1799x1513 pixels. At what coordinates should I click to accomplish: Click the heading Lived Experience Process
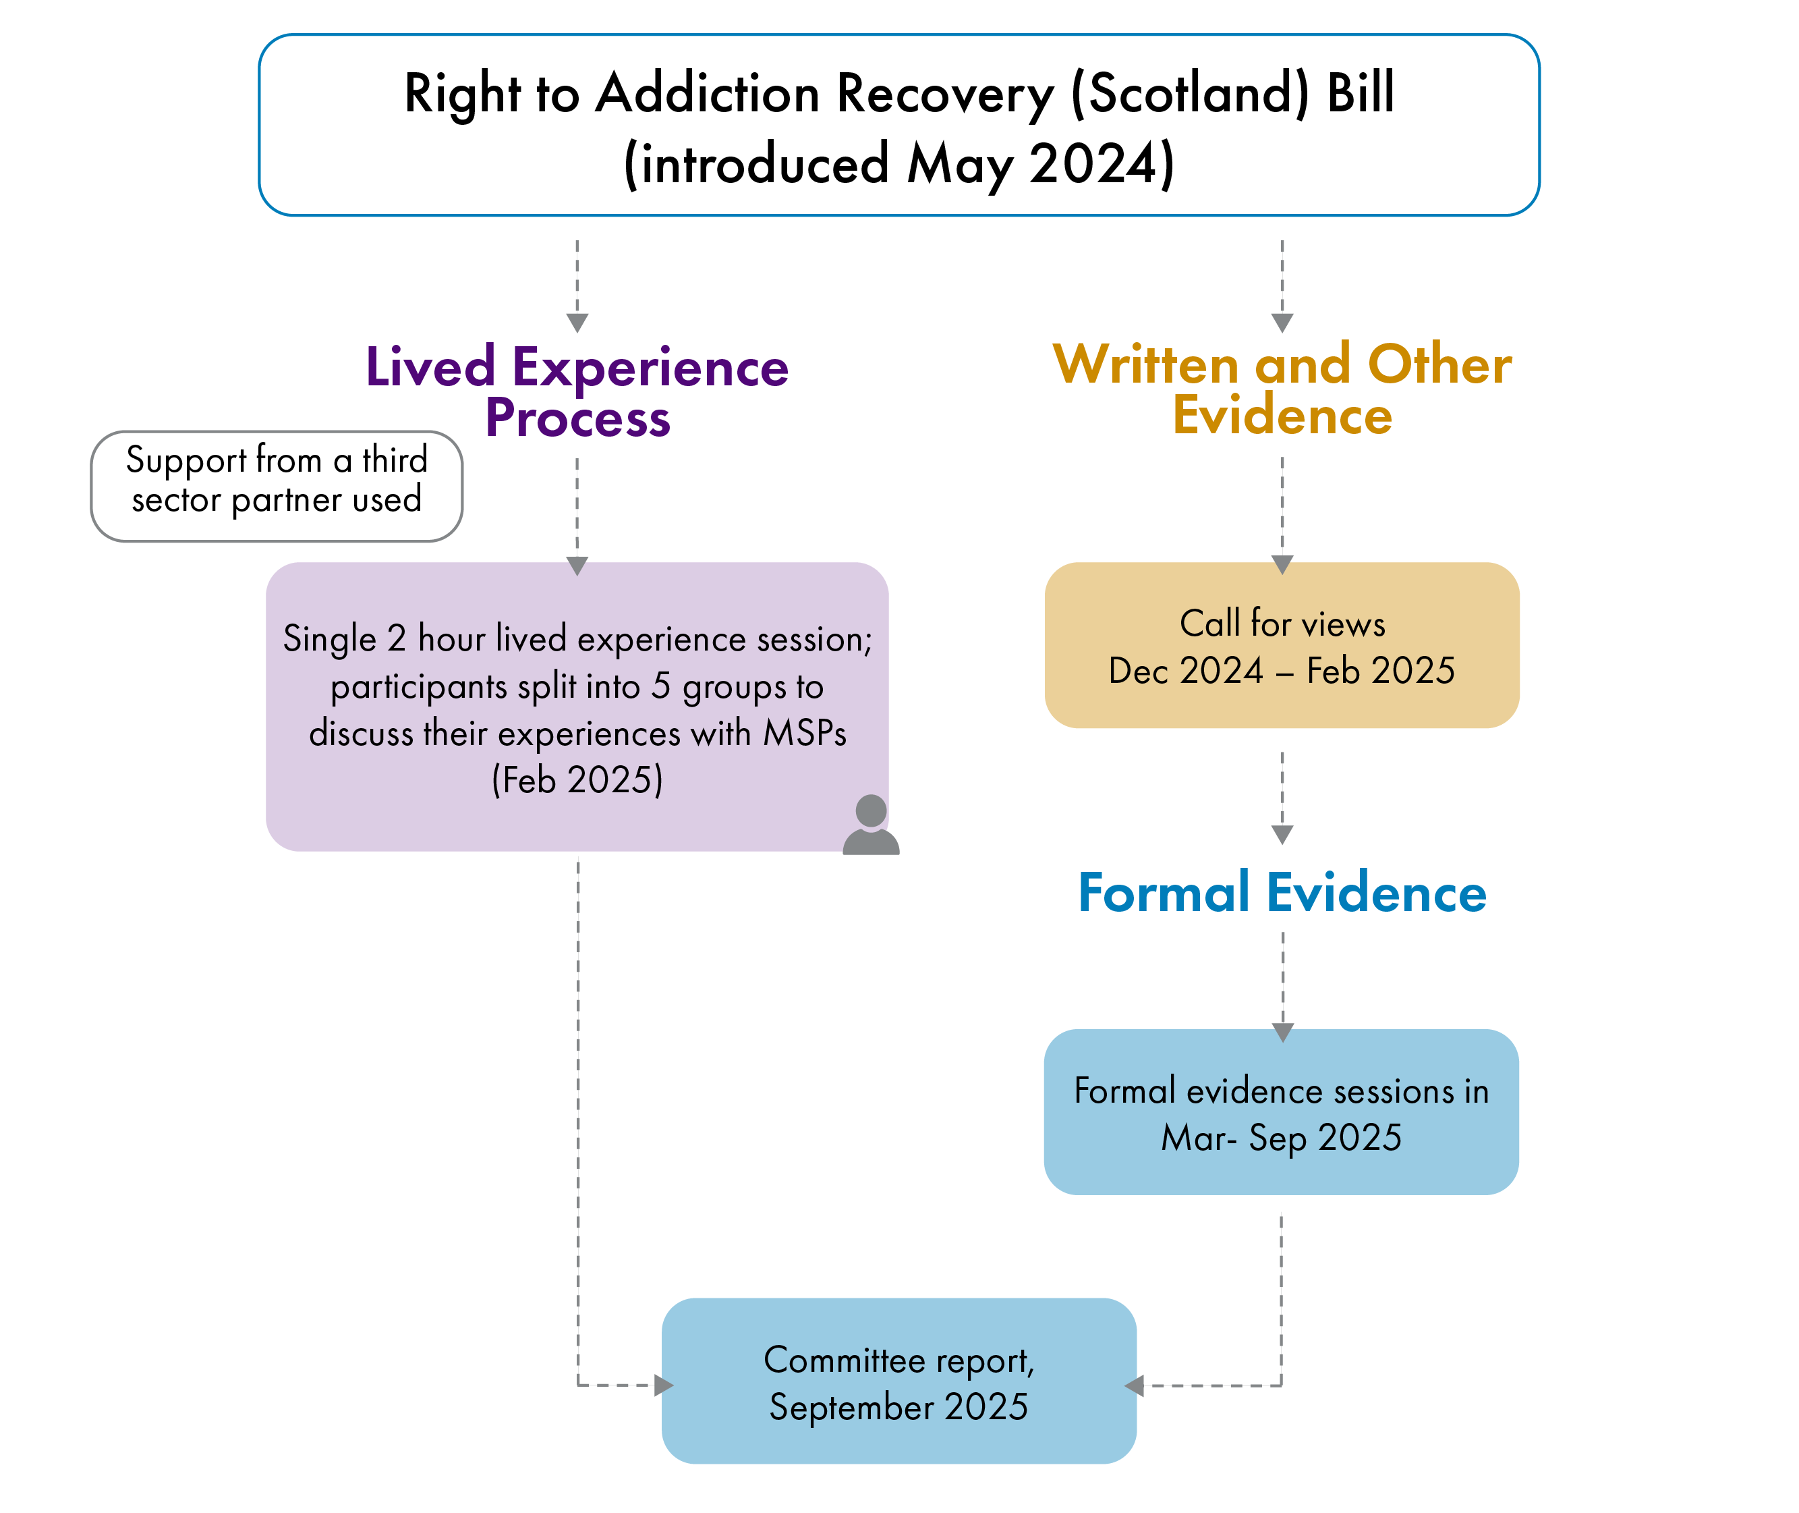[577, 393]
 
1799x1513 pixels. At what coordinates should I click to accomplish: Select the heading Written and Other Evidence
[1281, 390]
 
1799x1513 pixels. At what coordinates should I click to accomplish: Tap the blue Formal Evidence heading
[1281, 893]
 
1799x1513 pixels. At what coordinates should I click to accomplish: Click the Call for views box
[1281, 645]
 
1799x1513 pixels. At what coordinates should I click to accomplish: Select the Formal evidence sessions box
[1280, 1112]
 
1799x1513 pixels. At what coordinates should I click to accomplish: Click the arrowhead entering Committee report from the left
[663, 1385]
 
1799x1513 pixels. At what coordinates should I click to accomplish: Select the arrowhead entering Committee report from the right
[1135, 1385]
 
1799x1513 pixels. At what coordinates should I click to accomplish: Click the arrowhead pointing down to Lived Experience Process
[577, 323]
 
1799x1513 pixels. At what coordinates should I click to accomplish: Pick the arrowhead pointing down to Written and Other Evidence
[1281, 323]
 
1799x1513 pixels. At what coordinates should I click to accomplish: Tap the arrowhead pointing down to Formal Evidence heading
[1281, 835]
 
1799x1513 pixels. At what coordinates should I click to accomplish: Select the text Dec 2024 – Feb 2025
[1281, 671]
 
